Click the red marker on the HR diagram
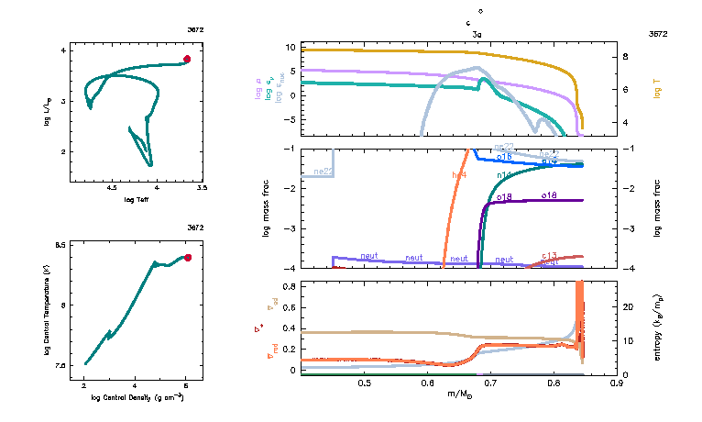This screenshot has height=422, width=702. pyautogui.click(x=186, y=59)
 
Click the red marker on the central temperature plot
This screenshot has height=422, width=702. pyautogui.click(x=187, y=258)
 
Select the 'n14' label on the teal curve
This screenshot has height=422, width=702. pyautogui.click(x=504, y=174)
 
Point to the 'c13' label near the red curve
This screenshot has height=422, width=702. pyautogui.click(x=550, y=255)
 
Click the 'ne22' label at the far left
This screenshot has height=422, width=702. pyautogui.click(x=322, y=172)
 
